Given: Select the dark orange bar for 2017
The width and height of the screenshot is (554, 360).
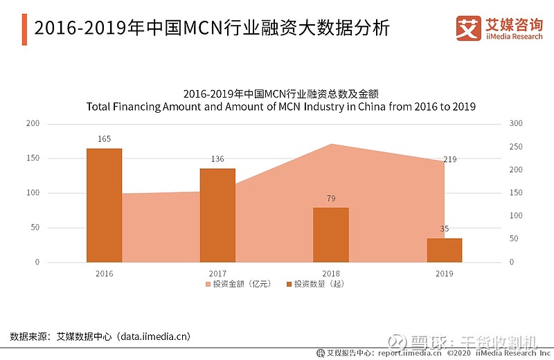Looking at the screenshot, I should (217, 215).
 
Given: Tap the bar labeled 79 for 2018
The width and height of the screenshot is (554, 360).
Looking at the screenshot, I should (331, 235).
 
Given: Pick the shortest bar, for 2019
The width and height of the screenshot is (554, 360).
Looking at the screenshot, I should (444, 250).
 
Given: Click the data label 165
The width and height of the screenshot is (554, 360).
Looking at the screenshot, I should (104, 139).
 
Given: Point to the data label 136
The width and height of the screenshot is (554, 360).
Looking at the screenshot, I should (217, 159).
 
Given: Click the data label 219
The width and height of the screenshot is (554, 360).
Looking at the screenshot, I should (449, 159).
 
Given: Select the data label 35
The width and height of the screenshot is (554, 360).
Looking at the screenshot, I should (444, 228).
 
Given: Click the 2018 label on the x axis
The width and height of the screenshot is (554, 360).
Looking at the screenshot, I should (331, 273).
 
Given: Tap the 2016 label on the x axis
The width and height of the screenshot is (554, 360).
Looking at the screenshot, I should (104, 273).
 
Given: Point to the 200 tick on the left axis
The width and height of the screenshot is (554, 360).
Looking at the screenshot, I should (33, 123).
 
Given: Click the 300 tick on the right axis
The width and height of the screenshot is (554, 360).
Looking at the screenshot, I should (515, 123).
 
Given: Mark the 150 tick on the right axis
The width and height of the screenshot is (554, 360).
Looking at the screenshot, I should (515, 192).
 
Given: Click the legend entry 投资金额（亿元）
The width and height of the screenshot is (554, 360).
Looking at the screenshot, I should (238, 284).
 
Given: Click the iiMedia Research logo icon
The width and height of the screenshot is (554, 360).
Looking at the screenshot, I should (469, 28).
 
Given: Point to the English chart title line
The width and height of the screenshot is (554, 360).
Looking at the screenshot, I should (281, 107).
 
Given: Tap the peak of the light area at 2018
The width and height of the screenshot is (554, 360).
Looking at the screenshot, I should (331, 145).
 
